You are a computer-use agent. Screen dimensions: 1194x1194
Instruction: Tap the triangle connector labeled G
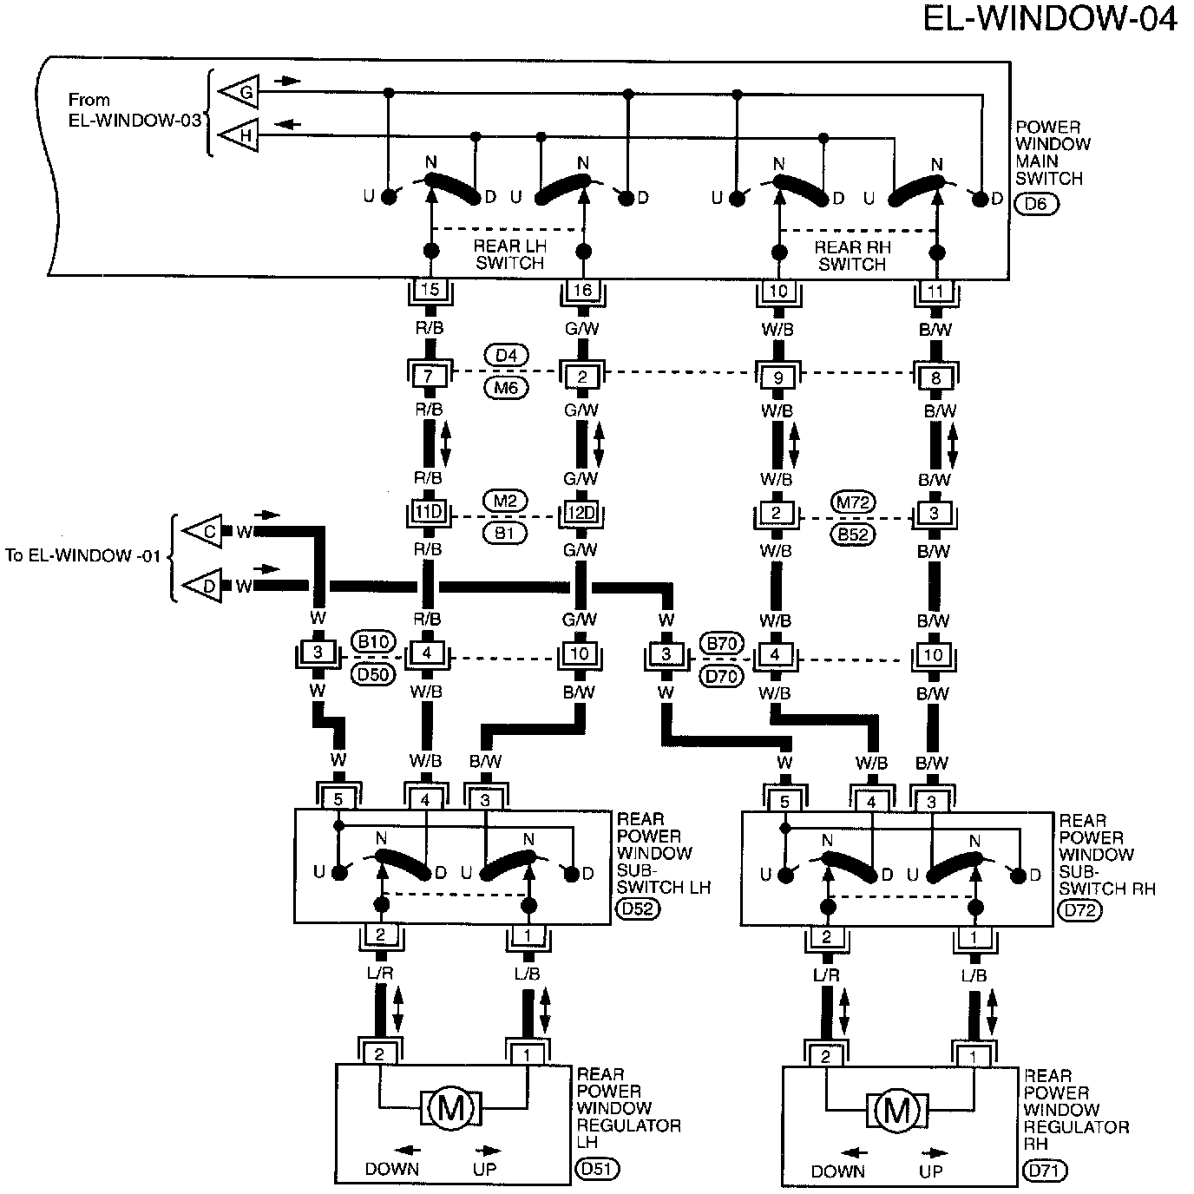tap(240, 91)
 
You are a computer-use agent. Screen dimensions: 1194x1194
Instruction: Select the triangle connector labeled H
tap(240, 135)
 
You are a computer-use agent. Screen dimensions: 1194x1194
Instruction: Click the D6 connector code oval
tap(1036, 205)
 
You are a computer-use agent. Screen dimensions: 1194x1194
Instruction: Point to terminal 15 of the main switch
tap(431, 290)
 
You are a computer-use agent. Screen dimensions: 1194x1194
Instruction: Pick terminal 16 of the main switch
tap(583, 290)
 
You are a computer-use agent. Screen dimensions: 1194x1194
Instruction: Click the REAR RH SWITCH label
tap(852, 255)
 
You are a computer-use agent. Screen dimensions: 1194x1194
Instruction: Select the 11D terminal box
tap(429, 513)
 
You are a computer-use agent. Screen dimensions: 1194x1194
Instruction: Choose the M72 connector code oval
tap(854, 502)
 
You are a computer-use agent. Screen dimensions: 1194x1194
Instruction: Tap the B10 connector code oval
tap(374, 642)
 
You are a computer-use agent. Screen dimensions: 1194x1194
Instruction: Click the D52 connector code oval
tap(637, 909)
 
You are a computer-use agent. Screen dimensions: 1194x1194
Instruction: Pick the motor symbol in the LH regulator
tap(450, 1108)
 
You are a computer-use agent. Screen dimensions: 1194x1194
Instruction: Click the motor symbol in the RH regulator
tap(898, 1110)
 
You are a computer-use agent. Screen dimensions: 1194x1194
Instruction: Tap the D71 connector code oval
tap(1046, 1171)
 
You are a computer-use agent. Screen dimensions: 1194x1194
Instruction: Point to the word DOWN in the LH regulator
tap(392, 1169)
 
